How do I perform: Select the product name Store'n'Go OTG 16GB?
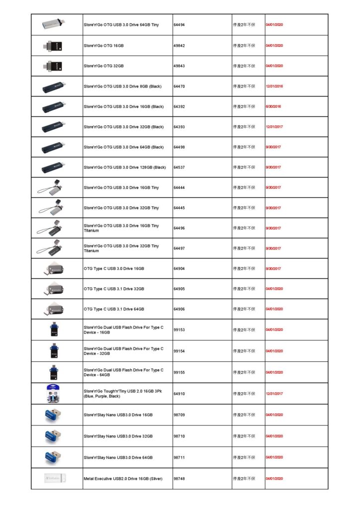pos(103,45)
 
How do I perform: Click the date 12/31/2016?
pos(274,86)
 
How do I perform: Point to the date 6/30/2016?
pos(273,106)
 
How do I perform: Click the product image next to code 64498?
pos(54,147)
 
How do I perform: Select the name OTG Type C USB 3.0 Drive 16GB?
pos(114,268)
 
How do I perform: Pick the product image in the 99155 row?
pos(54,372)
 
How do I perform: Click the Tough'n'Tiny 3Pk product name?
pos(123,393)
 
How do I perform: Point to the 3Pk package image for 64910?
pos(54,393)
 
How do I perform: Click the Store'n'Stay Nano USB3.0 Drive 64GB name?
pos(118,457)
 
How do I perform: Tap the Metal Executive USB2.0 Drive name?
pos(123,478)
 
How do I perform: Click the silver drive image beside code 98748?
pos(54,478)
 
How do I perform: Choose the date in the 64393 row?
pos(274,127)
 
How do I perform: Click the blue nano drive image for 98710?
pos(54,436)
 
